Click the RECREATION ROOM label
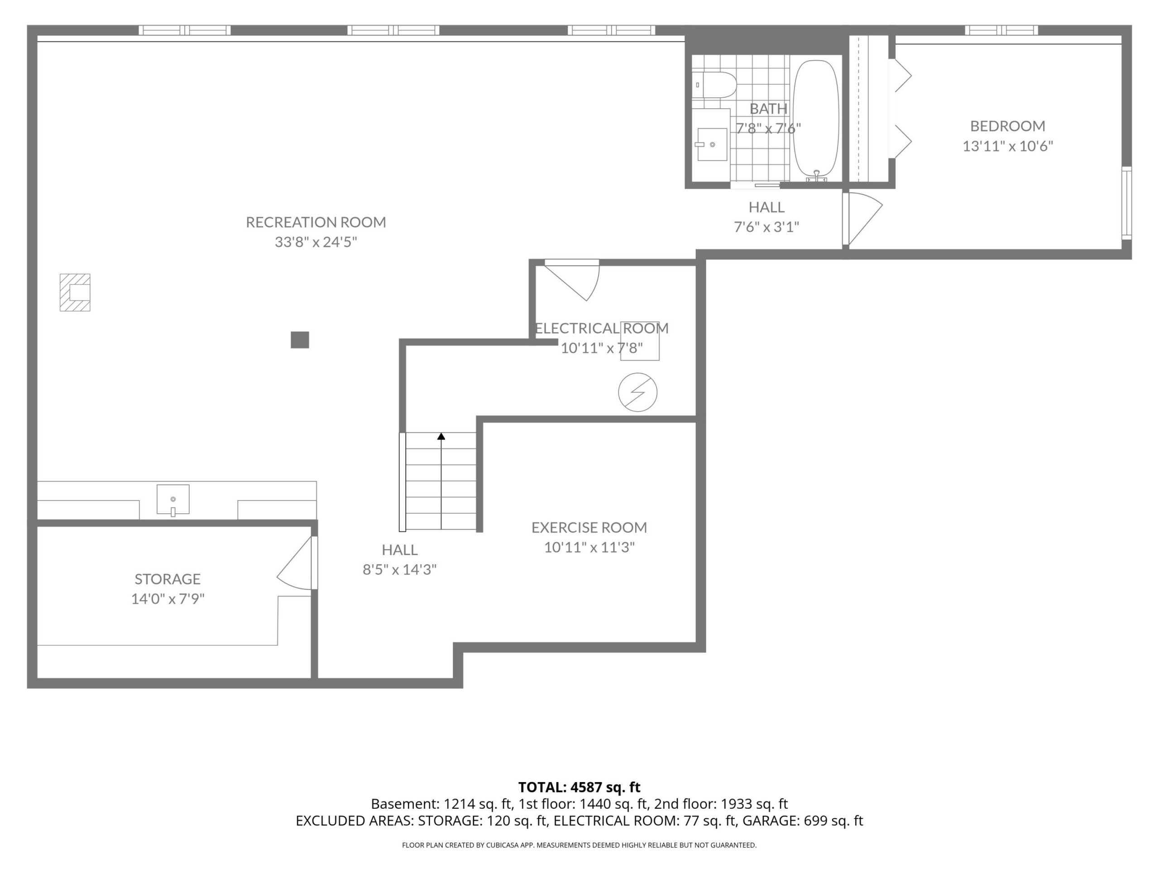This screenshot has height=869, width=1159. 316,222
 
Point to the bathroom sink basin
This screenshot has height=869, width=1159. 712,144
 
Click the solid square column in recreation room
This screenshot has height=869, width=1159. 300,340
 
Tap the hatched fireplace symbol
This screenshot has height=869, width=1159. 75,292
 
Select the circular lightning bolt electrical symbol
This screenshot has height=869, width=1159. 637,392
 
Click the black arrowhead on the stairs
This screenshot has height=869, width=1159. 441,436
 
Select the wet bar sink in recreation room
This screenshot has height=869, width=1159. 173,500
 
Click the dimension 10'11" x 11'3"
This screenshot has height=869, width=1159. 589,547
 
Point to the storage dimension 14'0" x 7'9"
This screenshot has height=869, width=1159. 168,599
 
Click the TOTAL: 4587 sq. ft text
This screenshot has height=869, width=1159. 579,787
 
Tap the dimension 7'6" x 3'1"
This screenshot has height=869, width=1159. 766,227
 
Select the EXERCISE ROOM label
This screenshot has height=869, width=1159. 589,527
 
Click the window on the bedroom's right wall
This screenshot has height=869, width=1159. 1126,203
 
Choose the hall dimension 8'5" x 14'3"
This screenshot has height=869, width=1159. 400,570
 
